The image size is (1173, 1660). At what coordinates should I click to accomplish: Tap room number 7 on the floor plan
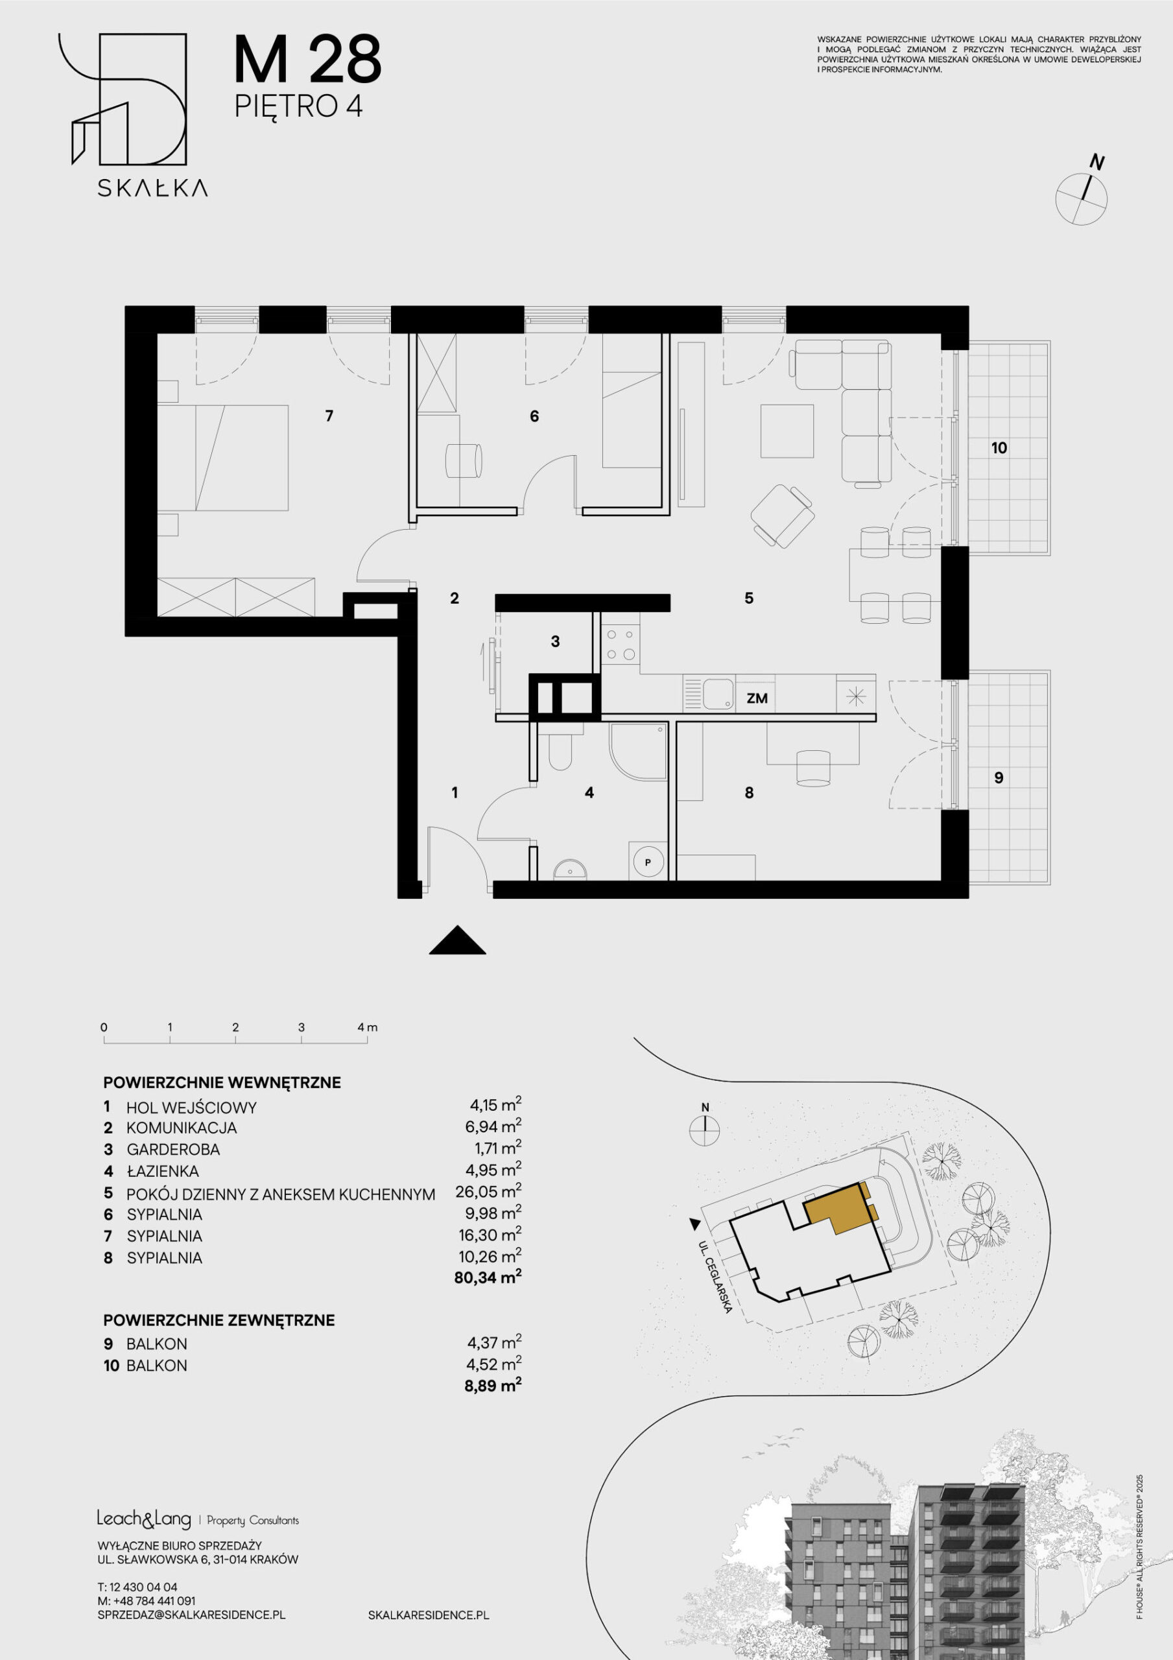(329, 416)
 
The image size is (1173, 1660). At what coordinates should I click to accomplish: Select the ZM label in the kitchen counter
(757, 698)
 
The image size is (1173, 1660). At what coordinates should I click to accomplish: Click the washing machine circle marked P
(648, 862)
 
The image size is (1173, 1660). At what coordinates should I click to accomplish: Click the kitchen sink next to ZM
(719, 693)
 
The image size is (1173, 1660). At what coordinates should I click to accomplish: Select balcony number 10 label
(999, 447)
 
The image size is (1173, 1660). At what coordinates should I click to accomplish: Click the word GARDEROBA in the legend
(173, 1149)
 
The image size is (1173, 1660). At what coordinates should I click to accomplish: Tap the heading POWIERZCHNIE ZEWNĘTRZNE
(219, 1320)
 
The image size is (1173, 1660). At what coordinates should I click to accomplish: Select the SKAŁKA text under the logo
(152, 188)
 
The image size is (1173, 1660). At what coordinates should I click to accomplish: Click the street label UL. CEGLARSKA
(717, 1277)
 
